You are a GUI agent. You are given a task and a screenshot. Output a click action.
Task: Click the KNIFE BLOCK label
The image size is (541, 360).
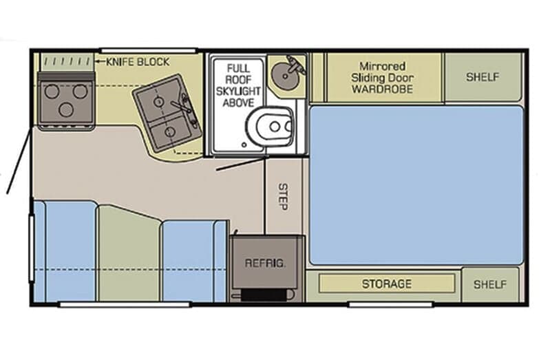tap(138, 62)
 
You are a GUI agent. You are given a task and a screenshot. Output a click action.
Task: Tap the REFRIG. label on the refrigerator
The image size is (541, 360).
tap(265, 264)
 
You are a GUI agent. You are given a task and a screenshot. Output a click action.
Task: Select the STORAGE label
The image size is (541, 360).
tap(387, 284)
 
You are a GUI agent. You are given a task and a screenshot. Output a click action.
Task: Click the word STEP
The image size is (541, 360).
tap(283, 196)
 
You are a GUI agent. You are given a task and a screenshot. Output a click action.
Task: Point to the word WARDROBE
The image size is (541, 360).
tap(382, 89)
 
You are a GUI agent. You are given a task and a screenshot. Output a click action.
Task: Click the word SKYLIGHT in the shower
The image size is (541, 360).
tap(238, 91)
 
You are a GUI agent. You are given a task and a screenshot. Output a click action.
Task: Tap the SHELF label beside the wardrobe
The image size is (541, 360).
tap(482, 77)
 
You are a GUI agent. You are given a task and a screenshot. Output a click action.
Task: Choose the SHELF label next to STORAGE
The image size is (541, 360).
tap(490, 284)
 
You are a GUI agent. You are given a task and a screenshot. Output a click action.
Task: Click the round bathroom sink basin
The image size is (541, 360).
tap(285, 76)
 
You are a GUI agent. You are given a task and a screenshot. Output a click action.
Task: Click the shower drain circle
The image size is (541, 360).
tap(244, 145)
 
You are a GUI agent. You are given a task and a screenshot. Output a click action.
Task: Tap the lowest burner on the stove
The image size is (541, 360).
tap(66, 109)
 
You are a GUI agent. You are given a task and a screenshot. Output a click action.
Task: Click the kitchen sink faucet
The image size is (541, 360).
tap(182, 106)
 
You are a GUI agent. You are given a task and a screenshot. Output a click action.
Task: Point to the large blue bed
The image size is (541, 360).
tap(416, 185)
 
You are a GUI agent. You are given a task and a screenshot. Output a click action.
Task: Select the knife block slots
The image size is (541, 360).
tap(67, 62)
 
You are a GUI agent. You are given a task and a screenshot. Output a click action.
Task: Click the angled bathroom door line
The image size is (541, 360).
tap(242, 164)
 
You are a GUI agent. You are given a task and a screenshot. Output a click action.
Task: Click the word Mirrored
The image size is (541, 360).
tap(382, 66)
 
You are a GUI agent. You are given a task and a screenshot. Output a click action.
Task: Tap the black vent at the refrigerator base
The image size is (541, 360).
tap(264, 295)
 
